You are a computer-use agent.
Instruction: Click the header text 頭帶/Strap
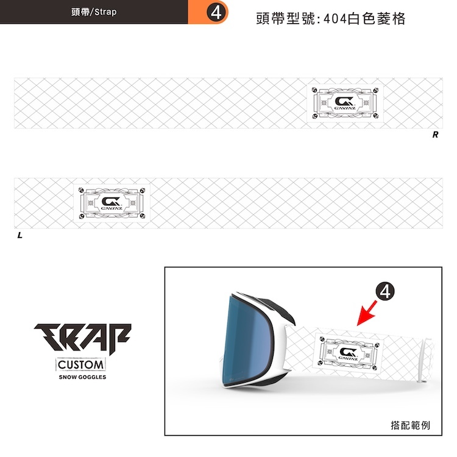(94, 12)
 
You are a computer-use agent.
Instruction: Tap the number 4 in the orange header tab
(215, 12)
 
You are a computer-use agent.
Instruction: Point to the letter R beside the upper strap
(435, 135)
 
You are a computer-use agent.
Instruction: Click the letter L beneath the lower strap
(19, 235)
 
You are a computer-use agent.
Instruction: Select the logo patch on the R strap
(344, 102)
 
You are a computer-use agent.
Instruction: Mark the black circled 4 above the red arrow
(384, 292)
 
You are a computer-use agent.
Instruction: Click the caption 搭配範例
(410, 425)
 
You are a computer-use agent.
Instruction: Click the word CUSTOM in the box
(82, 365)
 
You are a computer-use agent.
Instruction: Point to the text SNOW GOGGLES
(82, 377)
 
